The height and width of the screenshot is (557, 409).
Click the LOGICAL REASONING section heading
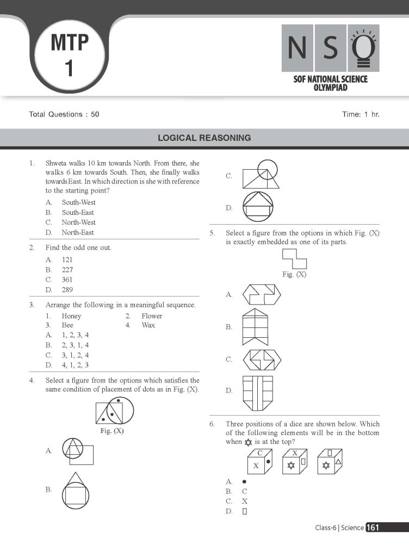tap(204, 138)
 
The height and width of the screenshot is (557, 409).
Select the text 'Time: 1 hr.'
tap(361, 115)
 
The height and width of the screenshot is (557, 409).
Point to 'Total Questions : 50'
tap(64, 115)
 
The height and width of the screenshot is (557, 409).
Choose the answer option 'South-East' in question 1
tap(78, 213)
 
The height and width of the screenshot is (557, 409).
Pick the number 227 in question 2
tap(67, 270)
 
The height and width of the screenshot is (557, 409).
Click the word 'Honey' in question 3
tap(71, 316)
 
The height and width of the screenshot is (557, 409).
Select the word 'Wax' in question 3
tap(148, 325)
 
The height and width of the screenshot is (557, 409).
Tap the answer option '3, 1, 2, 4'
tap(75, 355)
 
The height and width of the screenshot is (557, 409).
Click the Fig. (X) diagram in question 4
tap(115, 412)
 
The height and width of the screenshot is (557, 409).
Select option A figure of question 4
tap(77, 451)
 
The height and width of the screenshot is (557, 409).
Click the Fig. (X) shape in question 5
tap(294, 259)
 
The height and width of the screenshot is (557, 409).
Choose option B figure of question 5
tap(256, 327)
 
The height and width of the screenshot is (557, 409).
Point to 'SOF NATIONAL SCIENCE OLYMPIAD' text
tap(330, 83)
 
